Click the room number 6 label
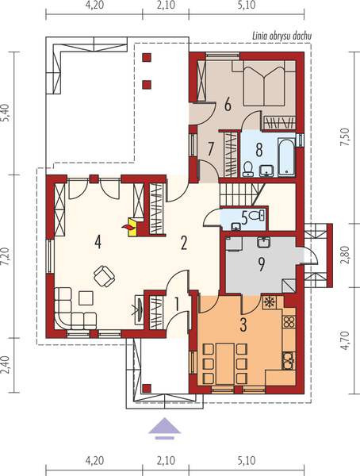tap(228, 105)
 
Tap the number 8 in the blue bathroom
tap(259, 150)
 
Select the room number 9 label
tap(262, 264)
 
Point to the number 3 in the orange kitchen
tap(243, 324)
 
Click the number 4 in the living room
tap(98, 242)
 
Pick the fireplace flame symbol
tap(128, 226)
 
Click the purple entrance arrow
tap(164, 428)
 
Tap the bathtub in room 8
tap(286, 157)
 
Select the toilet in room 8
tap(248, 169)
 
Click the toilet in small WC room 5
tap(257, 216)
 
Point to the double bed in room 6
tap(264, 83)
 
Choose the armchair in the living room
tap(104, 275)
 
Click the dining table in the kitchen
tap(225, 363)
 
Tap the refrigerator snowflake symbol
tap(268, 302)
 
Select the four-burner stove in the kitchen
tap(289, 321)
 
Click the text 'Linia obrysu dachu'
tap(282, 36)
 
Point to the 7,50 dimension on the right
tap(346, 137)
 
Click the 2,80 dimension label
tap(346, 255)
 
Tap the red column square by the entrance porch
tap(147, 388)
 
